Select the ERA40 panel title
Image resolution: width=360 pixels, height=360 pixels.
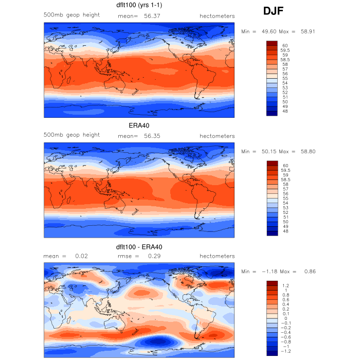(139, 125)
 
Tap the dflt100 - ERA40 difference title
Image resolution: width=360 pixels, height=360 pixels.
(139, 247)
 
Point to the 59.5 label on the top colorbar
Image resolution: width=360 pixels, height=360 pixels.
(286, 50)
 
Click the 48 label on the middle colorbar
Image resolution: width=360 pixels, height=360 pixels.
(284, 231)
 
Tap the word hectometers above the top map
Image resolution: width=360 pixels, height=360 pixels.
(217, 16)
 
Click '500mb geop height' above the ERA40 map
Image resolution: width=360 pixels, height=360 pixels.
(71, 135)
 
